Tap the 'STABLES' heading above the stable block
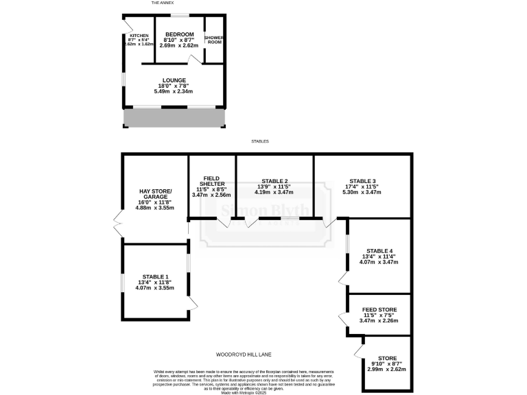coord(260,141)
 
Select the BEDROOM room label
coord(180,34)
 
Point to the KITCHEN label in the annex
coord(139,35)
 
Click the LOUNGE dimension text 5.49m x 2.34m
coord(174,91)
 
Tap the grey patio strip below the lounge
coord(174,119)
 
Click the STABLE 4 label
coord(379,250)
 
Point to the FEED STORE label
coord(379,310)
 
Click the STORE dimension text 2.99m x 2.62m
coord(388,369)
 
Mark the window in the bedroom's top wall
coord(180,14)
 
